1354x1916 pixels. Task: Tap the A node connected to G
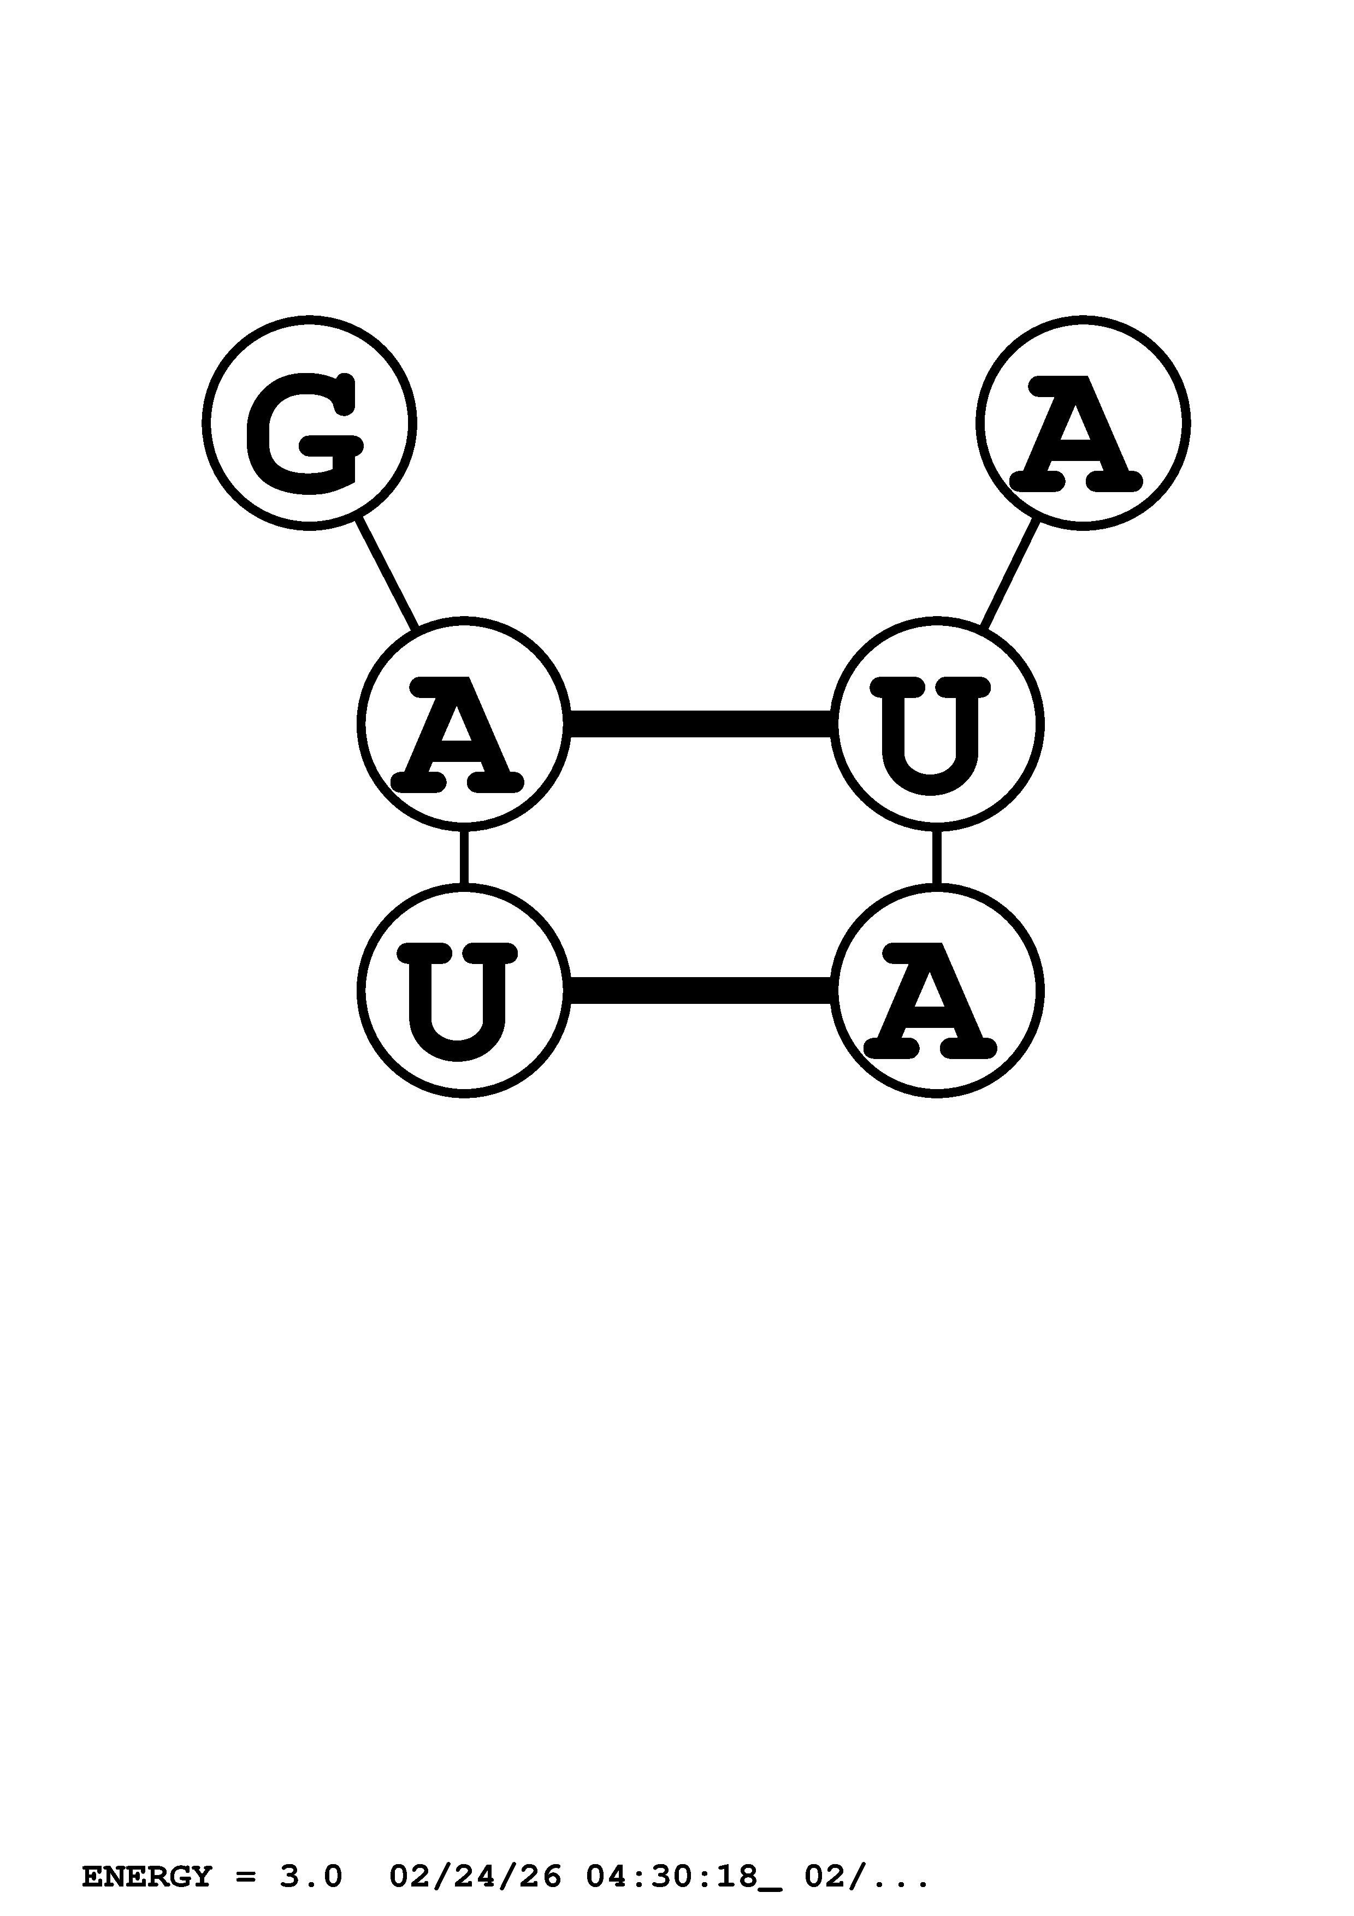pyautogui.click(x=464, y=724)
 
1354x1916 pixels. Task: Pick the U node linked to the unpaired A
pyautogui.click(x=936, y=724)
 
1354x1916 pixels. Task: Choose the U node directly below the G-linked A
pyautogui.click(x=464, y=991)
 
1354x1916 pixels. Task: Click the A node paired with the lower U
pyautogui.click(x=936, y=991)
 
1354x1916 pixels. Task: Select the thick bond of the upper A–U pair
pyautogui.click(x=700, y=724)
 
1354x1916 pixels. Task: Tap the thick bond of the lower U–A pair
pyautogui.click(x=700, y=991)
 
